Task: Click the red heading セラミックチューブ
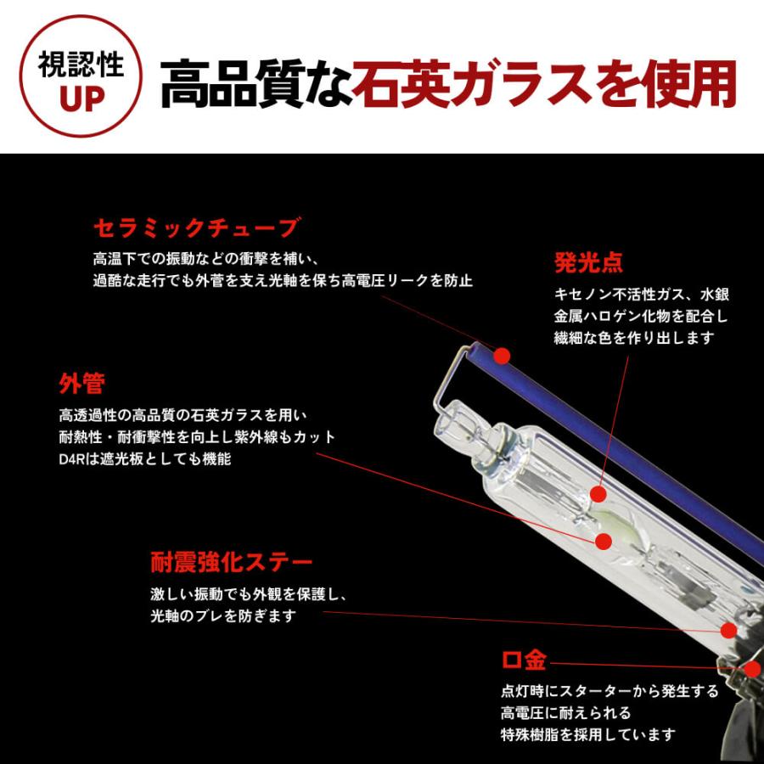196,228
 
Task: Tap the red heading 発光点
588,262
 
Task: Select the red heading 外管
81,383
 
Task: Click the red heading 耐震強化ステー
232,562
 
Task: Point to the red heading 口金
525,660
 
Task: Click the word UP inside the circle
81,99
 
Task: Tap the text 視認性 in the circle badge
81,64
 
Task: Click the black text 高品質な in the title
256,84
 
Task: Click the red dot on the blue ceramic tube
502,356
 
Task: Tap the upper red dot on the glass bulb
598,495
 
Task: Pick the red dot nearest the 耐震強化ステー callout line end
729,631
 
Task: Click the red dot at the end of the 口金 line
753,669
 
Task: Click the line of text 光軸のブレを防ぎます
223,616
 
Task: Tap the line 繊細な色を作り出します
634,338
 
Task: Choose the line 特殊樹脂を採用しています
588,734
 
